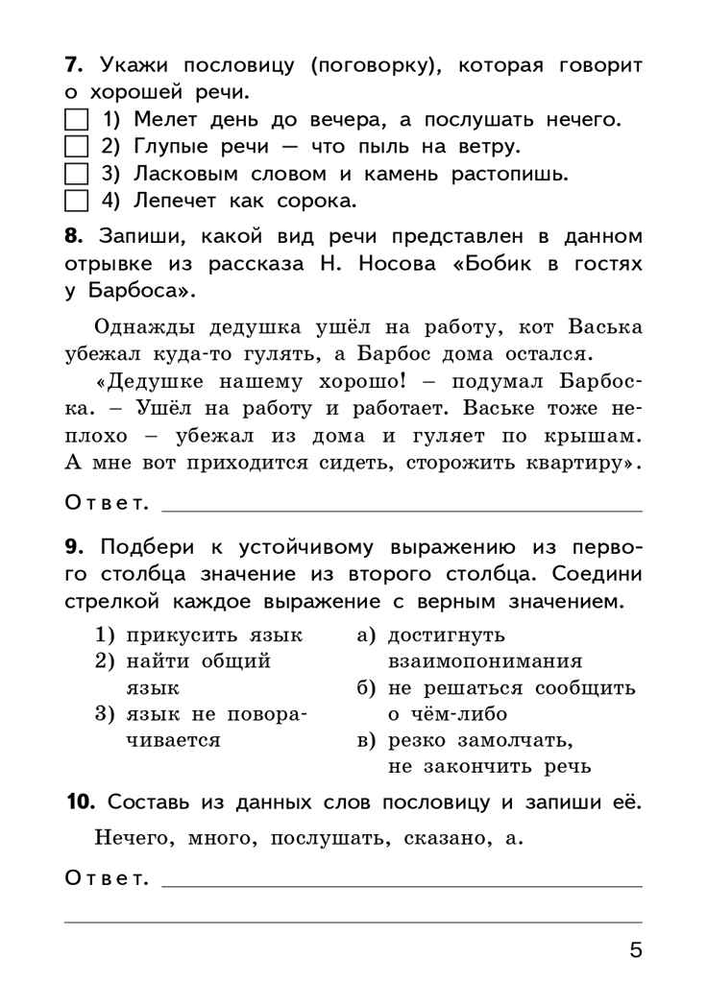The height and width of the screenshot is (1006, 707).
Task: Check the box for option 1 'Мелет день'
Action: click(76, 121)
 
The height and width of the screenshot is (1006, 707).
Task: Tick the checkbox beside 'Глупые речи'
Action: click(76, 148)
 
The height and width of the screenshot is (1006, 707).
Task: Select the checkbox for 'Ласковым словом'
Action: click(76, 175)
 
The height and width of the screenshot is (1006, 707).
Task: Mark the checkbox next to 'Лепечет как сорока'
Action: click(76, 202)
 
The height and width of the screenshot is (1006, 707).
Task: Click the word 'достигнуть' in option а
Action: click(447, 636)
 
